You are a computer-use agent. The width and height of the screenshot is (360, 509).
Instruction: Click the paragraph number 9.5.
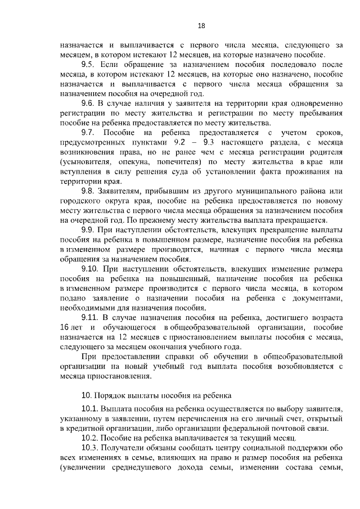(x=88, y=65)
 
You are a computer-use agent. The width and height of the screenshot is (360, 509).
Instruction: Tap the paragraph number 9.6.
(x=88, y=104)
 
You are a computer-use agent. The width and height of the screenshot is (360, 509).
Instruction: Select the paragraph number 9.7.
(x=88, y=132)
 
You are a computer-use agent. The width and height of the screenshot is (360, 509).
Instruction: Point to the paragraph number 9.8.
(x=88, y=191)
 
